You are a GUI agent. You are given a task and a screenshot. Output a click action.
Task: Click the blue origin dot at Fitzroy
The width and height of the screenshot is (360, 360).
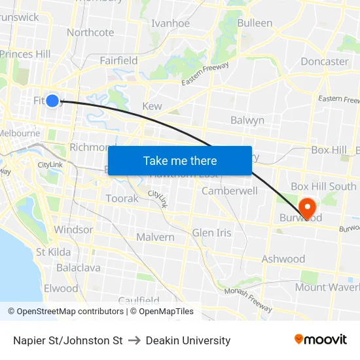[x=52, y=100]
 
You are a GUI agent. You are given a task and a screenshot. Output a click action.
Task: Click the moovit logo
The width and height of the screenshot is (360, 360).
[x=321, y=340]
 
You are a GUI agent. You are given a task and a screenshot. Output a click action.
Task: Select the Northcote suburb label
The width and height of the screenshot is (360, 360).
[x=90, y=32]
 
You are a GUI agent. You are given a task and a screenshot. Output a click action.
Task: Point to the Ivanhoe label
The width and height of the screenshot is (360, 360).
[x=170, y=24]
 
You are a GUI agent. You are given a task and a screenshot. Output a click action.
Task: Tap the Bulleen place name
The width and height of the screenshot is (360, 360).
[x=255, y=23]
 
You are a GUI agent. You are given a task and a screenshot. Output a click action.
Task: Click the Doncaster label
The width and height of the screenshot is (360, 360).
[x=324, y=62]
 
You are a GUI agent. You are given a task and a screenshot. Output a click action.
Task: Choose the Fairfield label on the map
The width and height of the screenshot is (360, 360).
[x=118, y=60]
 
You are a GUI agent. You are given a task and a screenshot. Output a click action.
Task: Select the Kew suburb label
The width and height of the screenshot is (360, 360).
[x=152, y=106]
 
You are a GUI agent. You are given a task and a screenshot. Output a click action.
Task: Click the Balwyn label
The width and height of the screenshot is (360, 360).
[x=247, y=120]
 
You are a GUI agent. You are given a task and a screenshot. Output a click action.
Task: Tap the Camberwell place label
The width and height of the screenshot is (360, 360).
[x=229, y=191]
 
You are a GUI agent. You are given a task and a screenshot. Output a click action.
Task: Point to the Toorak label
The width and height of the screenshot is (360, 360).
[x=122, y=198]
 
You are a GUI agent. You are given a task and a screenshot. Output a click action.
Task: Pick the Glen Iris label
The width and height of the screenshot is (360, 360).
[x=211, y=233]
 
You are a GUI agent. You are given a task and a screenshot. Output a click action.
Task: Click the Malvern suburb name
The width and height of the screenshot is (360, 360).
[x=155, y=237]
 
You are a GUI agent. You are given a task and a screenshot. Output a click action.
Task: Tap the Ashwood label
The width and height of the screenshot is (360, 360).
[x=283, y=259]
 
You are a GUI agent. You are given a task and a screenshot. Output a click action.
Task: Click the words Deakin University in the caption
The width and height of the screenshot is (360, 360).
[x=188, y=340]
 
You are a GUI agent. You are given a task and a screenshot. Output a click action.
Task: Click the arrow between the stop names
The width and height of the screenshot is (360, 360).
[x=134, y=340]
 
